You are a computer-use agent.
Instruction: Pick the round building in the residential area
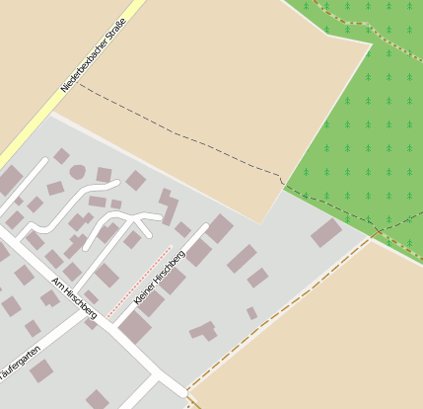point(77,172)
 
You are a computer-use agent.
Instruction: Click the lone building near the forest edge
point(325,233)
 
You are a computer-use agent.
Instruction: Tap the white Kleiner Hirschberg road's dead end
point(206,227)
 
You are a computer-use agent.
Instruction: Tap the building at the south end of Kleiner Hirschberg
point(134,327)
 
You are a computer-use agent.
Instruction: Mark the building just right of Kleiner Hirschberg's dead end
point(219,229)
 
